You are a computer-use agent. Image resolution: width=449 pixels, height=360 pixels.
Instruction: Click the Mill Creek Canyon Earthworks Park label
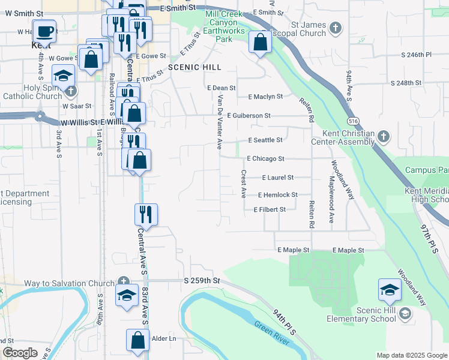[x=224, y=26]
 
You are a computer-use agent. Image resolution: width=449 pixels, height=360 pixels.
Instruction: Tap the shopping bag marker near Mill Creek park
[x=259, y=43]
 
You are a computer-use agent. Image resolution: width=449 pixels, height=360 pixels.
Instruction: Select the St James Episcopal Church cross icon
[x=336, y=26]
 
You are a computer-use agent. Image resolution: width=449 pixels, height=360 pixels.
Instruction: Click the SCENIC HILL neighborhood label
[x=194, y=67]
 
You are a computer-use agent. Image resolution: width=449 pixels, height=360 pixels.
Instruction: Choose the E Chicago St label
[x=265, y=159]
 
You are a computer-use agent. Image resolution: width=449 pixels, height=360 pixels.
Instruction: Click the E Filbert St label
[x=270, y=209]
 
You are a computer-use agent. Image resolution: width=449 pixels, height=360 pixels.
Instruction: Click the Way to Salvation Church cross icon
[x=123, y=281]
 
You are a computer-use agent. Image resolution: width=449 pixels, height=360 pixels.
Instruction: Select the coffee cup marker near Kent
[x=44, y=31]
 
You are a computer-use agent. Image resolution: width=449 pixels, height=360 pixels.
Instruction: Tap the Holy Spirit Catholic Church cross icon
[x=71, y=91]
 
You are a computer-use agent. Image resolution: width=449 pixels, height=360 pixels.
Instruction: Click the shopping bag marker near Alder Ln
[x=137, y=340]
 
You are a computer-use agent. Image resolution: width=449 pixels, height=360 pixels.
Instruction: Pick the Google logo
[x=20, y=353]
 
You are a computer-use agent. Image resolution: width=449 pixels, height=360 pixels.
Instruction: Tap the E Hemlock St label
[x=278, y=195]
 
